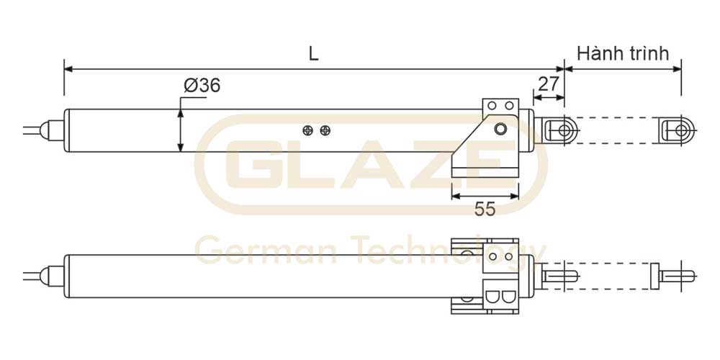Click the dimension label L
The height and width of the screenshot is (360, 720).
314,54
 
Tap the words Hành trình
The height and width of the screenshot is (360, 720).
623,53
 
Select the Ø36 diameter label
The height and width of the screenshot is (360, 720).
202,86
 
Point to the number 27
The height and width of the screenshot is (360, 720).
548,84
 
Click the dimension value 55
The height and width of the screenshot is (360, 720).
485,210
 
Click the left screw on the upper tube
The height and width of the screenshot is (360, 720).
308,131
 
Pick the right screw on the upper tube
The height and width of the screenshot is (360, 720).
325,131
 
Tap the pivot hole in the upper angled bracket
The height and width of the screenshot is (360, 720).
500,130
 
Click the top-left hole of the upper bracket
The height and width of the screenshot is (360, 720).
492,106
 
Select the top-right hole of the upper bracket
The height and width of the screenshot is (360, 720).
509,106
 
